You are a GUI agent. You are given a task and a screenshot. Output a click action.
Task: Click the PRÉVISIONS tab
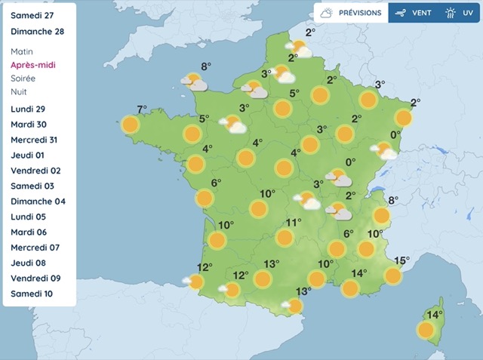[351, 13]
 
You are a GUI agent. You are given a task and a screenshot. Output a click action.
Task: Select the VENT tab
[414, 13]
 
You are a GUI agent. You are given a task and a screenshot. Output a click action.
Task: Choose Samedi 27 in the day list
[38, 15]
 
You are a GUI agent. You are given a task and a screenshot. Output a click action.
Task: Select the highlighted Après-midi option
[34, 65]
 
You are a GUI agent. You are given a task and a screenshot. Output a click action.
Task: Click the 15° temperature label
[402, 261]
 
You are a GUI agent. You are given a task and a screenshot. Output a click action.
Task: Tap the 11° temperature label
[294, 223]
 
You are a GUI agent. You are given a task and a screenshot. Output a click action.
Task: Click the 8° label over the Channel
[206, 66]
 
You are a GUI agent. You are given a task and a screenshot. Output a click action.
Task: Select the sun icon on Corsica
[426, 330]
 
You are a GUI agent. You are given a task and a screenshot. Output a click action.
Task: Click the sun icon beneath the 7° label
[131, 125]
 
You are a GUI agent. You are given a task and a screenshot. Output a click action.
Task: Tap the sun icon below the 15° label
[393, 276]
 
